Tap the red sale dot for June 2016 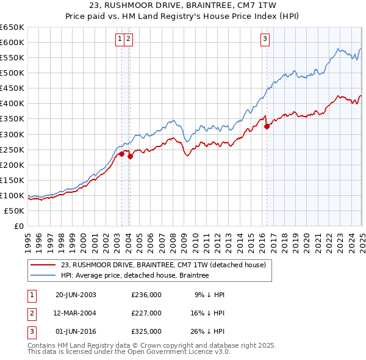tap(267, 126)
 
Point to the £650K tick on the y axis tap(12, 27)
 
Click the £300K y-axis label tap(12, 134)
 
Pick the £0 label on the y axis tap(19, 226)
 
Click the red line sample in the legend tap(43, 265)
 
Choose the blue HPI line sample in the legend tap(43, 275)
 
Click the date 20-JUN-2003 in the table tap(76, 295)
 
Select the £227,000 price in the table tap(146, 313)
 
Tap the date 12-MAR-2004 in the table tap(76, 313)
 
